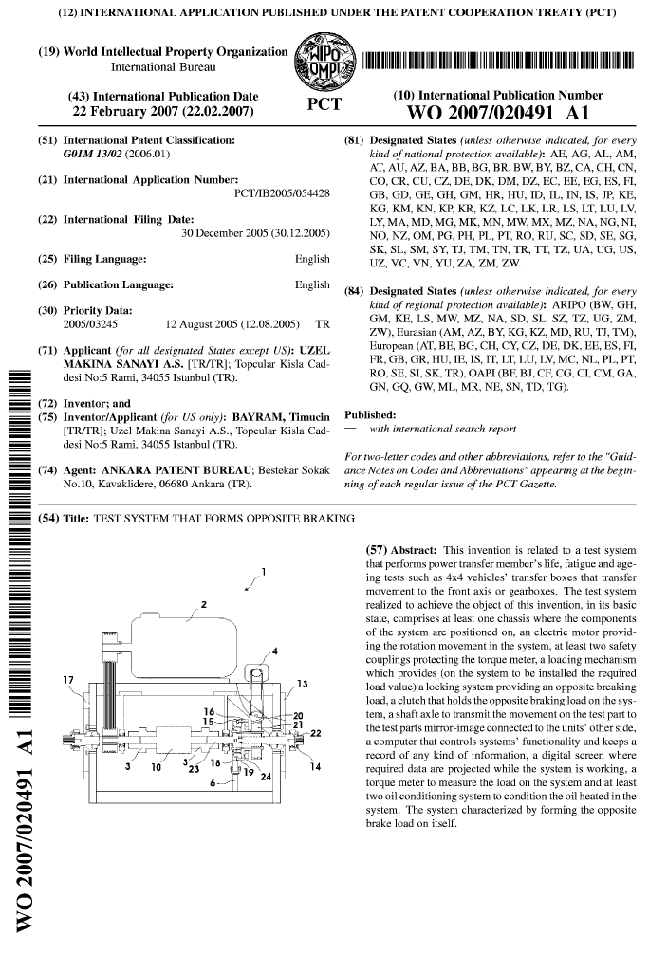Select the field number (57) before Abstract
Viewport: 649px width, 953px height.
378,550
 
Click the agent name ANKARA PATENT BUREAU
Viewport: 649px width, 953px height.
179,470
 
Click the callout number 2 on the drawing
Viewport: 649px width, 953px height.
203,602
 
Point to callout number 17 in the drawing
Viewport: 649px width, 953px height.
67,679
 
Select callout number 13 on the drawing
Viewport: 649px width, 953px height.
302,683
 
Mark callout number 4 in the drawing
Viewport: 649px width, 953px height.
274,651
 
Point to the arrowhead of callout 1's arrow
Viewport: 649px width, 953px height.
245,590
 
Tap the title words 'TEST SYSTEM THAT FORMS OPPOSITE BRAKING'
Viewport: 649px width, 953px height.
222,520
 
